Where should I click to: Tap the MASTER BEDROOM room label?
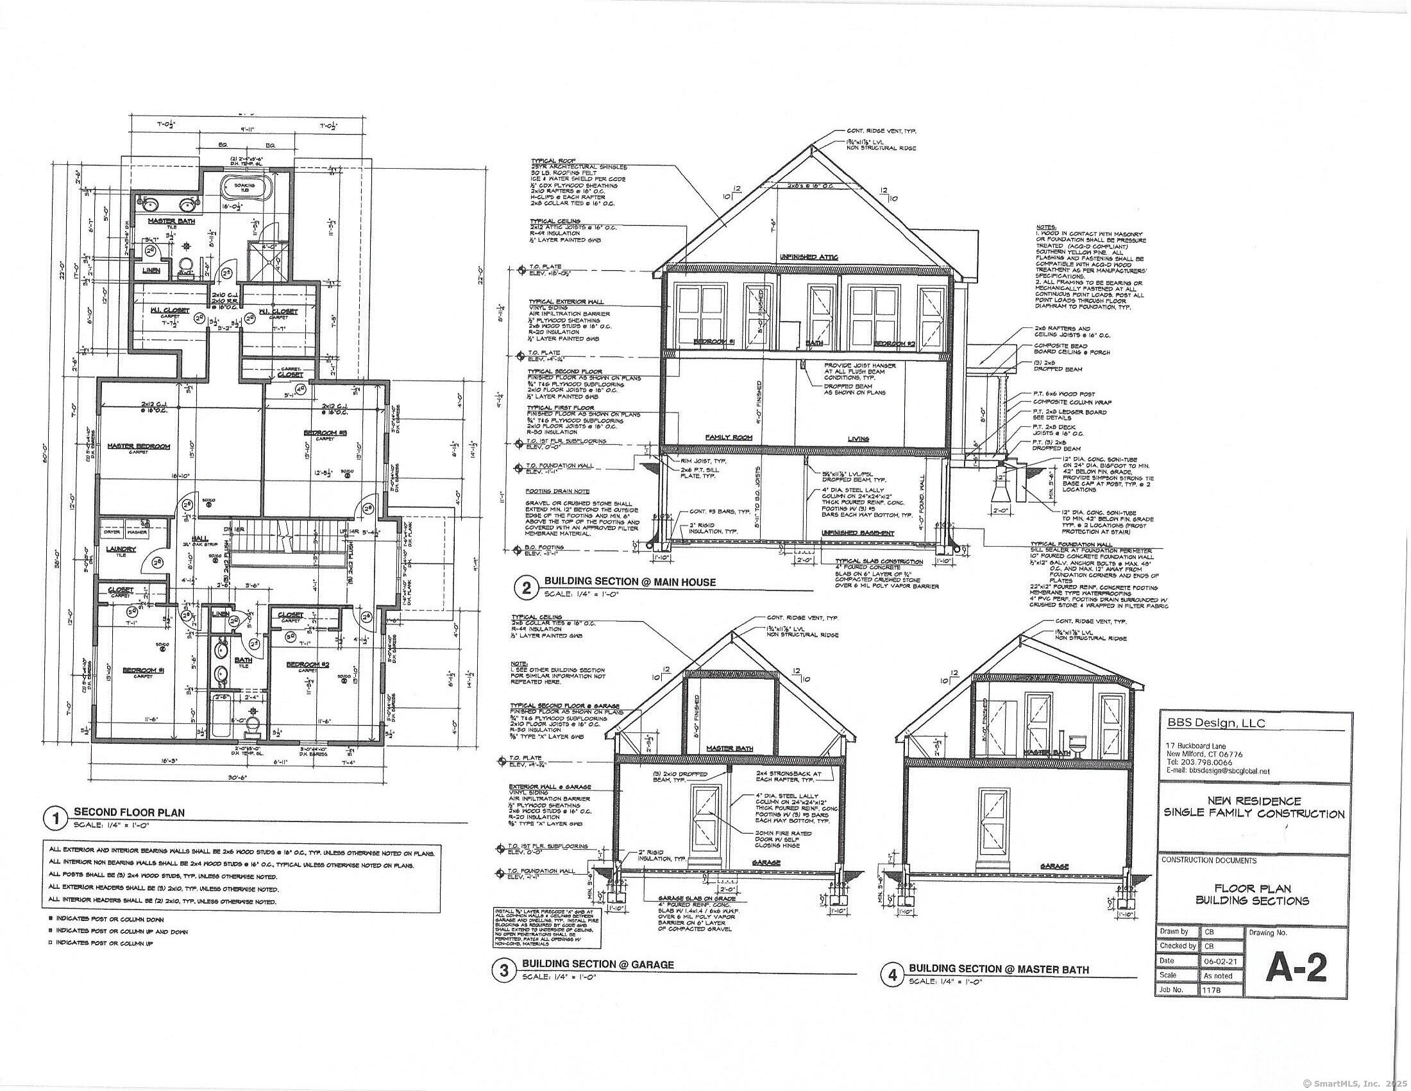(139, 446)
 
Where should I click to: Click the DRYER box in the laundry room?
(112, 532)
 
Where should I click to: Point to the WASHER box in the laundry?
(137, 532)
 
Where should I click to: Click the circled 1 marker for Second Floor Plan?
(56, 819)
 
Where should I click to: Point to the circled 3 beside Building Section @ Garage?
(505, 970)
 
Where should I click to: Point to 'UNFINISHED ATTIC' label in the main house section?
(808, 257)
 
